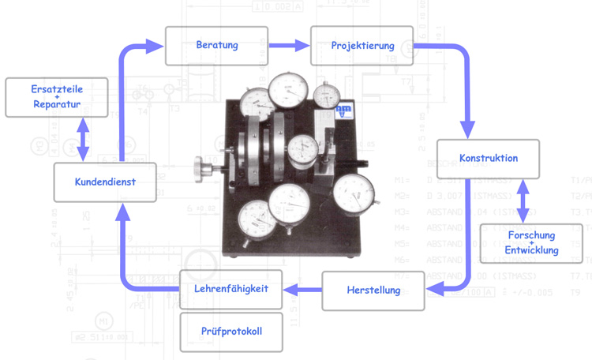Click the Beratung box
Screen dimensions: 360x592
(216, 46)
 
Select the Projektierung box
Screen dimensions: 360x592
(362, 46)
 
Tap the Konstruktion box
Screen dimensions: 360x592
(488, 159)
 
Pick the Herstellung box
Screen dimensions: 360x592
(373, 291)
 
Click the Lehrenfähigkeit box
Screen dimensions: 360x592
(230, 289)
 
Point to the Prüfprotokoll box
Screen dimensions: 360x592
(230, 332)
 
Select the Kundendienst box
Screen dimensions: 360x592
(105, 182)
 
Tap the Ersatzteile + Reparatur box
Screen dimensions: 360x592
(57, 96)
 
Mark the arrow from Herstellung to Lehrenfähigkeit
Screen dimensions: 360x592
(302, 290)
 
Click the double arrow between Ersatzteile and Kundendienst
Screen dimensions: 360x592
(83, 139)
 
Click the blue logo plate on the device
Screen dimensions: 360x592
(343, 113)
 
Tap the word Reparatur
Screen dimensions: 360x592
(57, 104)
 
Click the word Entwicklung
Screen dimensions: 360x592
(532, 251)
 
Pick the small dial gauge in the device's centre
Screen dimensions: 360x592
(301, 148)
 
